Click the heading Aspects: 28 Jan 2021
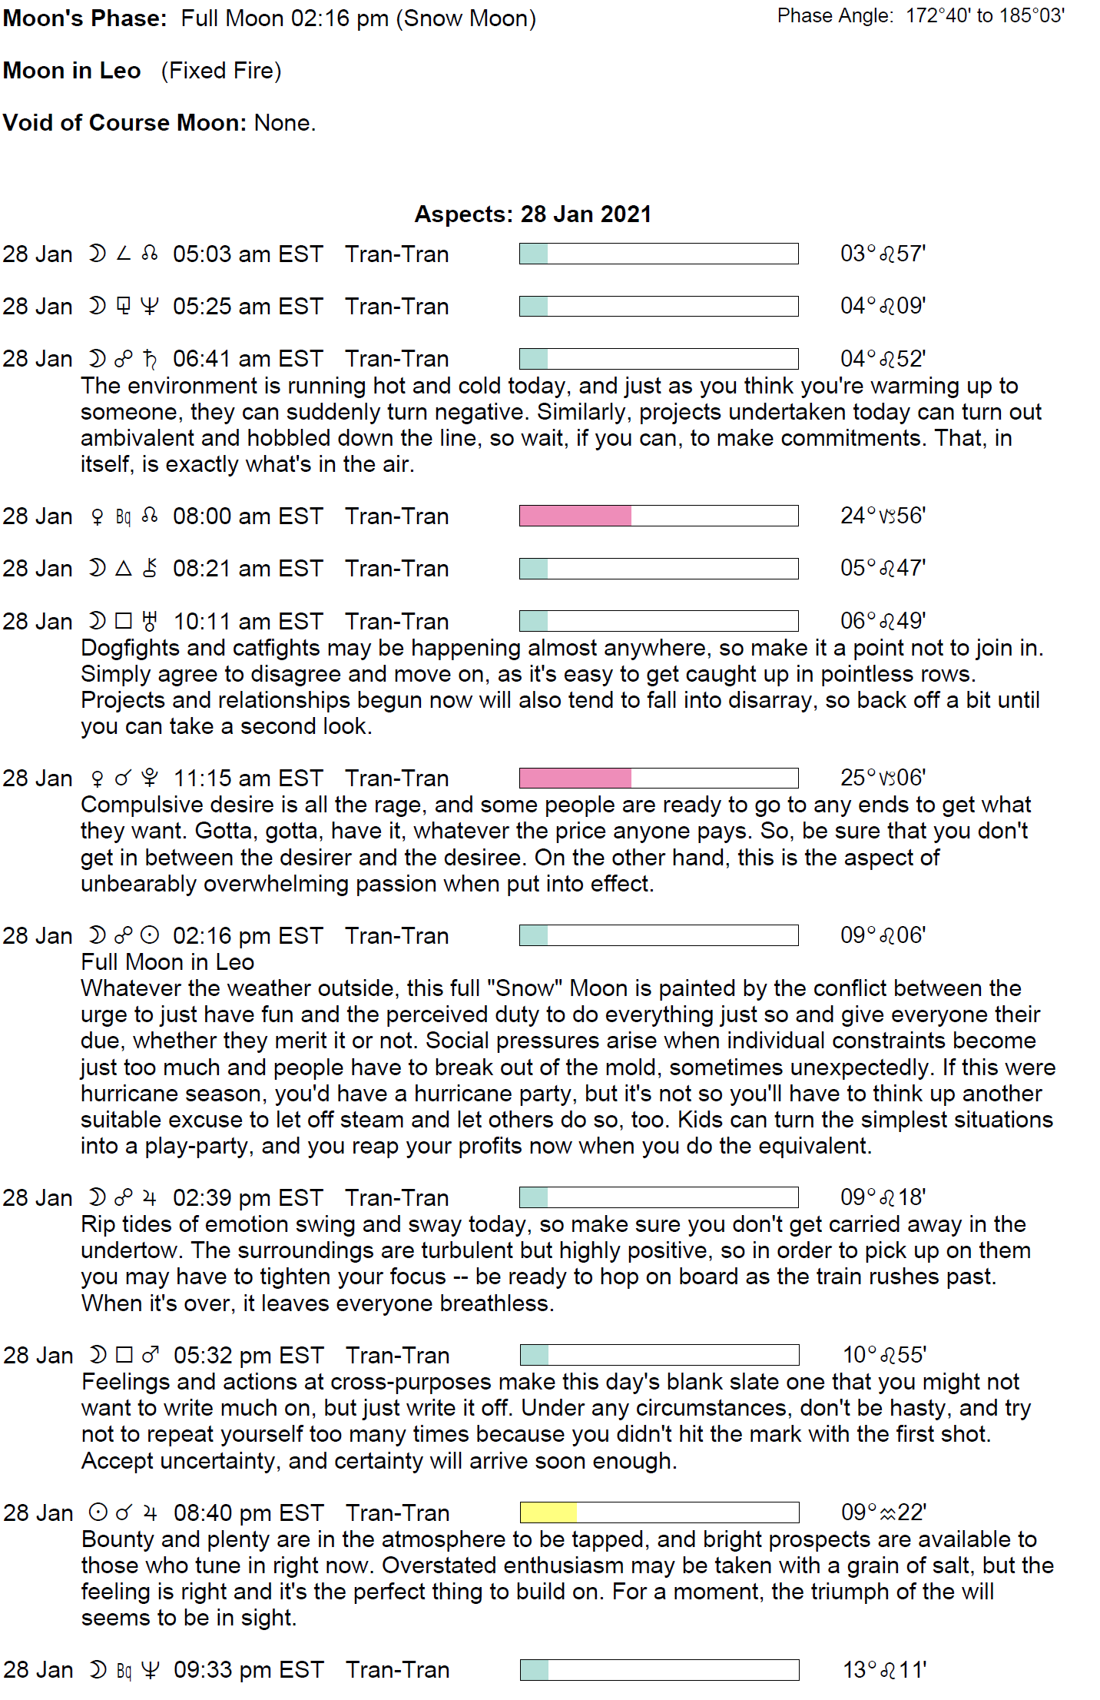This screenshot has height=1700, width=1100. [532, 214]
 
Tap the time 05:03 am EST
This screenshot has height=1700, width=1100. [247, 254]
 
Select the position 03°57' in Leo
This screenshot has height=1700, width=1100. [883, 254]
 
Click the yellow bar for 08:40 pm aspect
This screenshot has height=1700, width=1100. [548, 1512]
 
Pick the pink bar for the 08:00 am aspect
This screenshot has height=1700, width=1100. [575, 516]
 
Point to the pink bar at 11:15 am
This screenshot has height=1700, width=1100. [575, 778]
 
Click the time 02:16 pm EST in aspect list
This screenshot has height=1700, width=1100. [247, 935]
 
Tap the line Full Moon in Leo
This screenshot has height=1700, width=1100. [167, 962]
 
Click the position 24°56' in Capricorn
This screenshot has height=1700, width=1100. [883, 516]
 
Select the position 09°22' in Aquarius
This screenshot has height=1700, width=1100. [883, 1512]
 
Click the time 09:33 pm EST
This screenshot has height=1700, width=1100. [248, 1670]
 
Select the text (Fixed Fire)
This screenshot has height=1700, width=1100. [221, 71]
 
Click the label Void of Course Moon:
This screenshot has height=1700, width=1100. [124, 123]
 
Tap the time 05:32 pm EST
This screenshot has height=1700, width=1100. [248, 1355]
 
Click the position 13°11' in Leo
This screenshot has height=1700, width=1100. [884, 1670]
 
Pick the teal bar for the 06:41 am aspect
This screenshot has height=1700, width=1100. [534, 359]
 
